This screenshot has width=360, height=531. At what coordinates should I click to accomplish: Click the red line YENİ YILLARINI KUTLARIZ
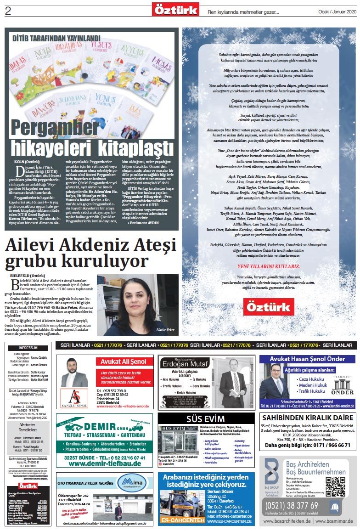pyautogui.click(x=268, y=265)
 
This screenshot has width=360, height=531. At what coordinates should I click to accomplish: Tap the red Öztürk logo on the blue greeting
pyautogui.click(x=268, y=307)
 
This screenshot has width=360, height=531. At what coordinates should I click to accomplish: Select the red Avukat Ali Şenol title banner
pyautogui.click(x=124, y=362)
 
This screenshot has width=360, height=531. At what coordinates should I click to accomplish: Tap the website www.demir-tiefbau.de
pyautogui.click(x=104, y=464)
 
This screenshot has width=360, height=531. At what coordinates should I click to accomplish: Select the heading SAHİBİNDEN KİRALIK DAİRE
pyautogui.click(x=308, y=418)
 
